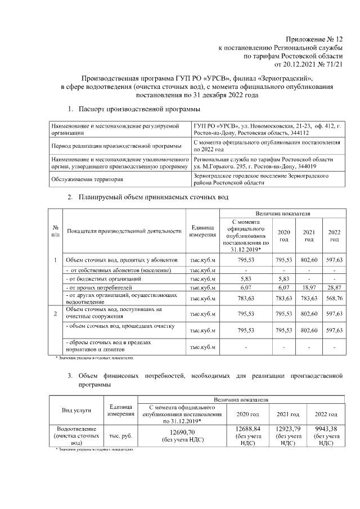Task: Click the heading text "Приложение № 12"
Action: click(x=314, y=39)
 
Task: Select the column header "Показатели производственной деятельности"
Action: click(x=124, y=231)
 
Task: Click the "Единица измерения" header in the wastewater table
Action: click(x=202, y=231)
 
